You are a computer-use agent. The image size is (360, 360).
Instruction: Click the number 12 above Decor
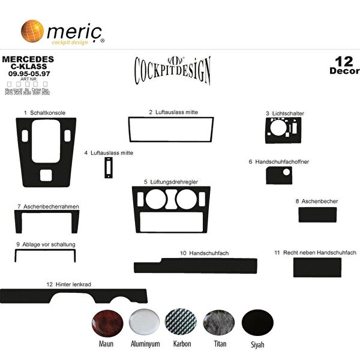(344, 61)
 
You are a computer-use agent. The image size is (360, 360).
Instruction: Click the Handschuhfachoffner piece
(278, 176)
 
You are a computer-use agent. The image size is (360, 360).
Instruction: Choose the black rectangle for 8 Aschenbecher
(316, 214)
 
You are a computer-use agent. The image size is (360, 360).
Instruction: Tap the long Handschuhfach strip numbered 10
(195, 266)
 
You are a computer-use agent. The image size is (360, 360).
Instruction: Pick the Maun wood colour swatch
(106, 324)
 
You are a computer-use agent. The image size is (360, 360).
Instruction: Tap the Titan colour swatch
(219, 323)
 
